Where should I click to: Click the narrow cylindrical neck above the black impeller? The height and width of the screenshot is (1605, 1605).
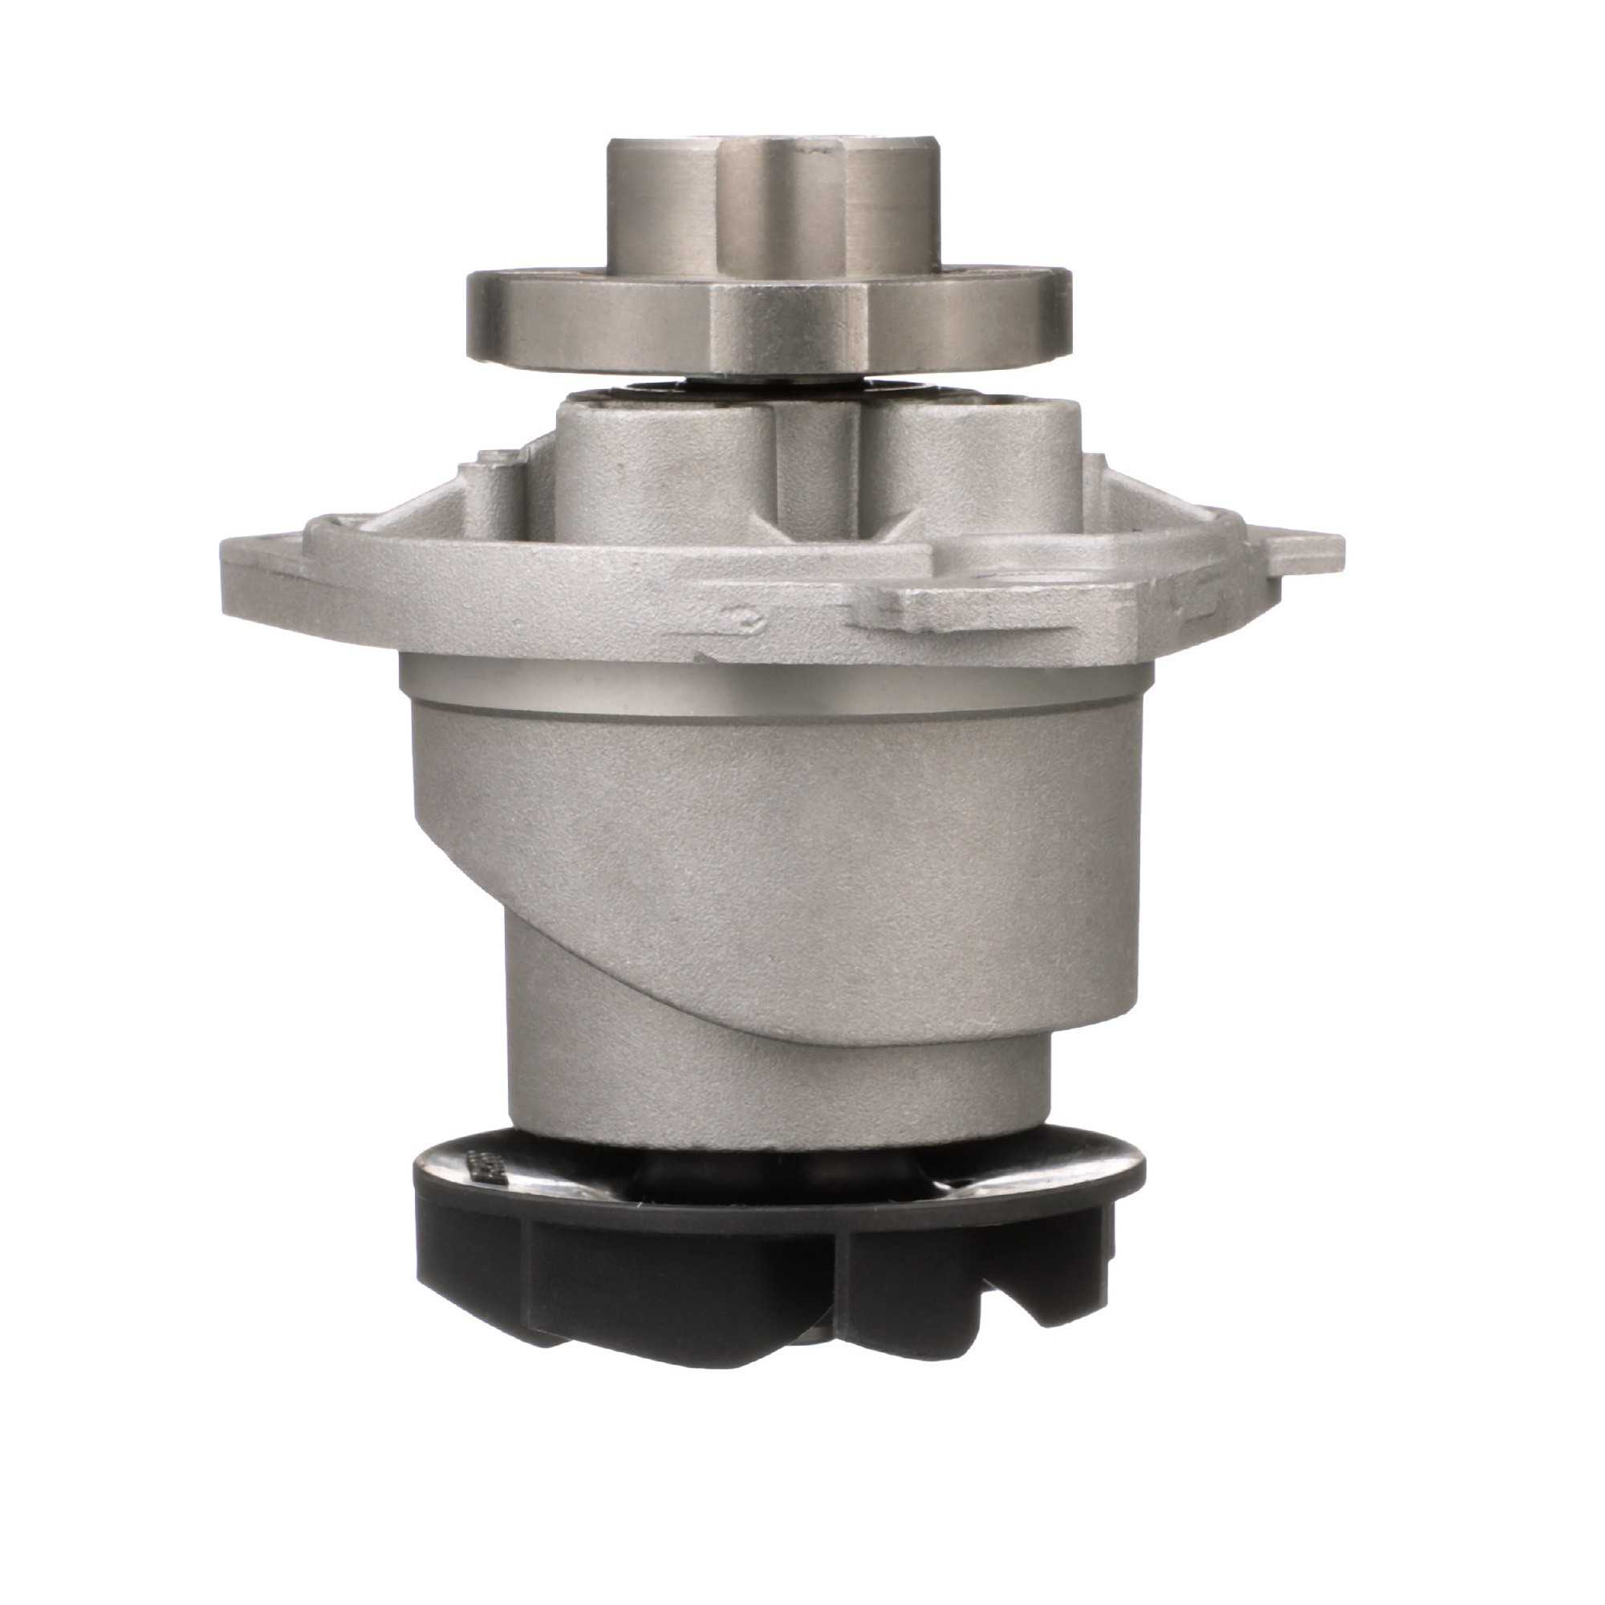[x=773, y=1088]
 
